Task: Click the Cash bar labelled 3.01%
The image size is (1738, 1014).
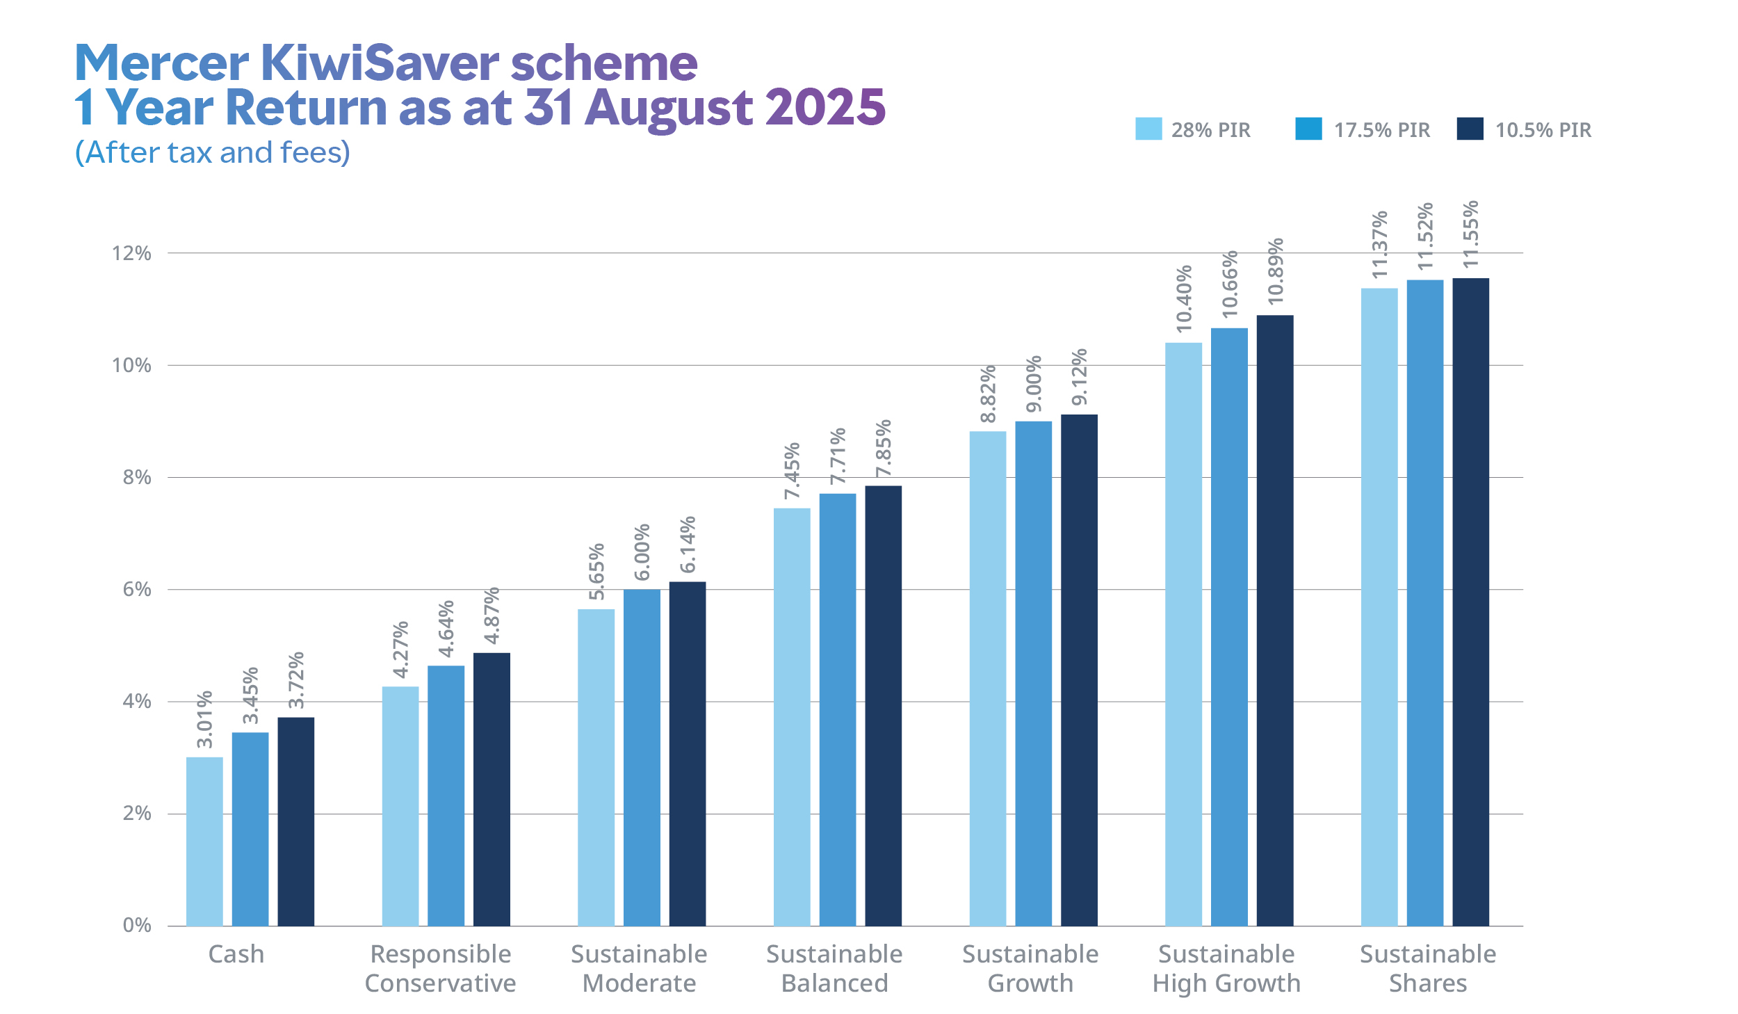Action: [204, 841]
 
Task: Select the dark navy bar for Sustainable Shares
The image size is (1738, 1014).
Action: [1470, 602]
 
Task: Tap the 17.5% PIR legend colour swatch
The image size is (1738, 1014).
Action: [1308, 129]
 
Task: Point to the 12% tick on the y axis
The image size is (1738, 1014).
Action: [131, 253]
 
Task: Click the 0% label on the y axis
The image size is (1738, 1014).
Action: [137, 926]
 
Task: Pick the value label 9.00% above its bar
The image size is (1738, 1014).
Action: [1034, 384]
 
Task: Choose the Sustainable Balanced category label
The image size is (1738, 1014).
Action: [834, 968]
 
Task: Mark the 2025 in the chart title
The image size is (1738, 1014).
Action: [825, 107]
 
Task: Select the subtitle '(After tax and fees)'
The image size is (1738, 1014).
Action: [213, 152]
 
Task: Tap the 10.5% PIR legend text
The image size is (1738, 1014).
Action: [1543, 130]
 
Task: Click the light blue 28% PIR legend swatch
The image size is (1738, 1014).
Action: [1148, 129]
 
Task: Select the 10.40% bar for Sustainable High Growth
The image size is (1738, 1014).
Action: [1183, 634]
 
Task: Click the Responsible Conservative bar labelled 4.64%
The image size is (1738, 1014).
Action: [446, 796]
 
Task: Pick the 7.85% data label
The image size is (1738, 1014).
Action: [883, 449]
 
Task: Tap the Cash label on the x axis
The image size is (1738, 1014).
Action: [236, 954]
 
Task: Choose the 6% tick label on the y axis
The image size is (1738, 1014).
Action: [137, 590]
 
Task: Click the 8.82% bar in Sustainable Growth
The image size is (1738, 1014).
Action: [987, 678]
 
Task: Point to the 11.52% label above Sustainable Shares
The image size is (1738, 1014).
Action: [1425, 236]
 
